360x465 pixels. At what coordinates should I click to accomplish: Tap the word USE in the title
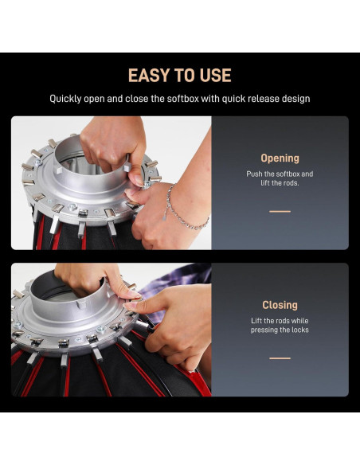[x=215, y=76]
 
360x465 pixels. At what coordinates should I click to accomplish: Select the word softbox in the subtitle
[x=183, y=99]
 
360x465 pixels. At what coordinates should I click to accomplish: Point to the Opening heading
[x=280, y=158]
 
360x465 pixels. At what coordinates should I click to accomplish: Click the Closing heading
[x=280, y=305]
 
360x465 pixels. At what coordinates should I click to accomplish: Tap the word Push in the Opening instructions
[x=254, y=174]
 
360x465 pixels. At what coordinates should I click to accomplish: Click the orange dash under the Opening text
[x=280, y=212]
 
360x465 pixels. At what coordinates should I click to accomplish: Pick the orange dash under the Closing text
[x=280, y=358]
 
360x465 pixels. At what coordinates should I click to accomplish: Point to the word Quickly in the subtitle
[x=65, y=99]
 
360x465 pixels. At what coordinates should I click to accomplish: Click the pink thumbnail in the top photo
[x=137, y=180]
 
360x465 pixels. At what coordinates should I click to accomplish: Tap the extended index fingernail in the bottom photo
[x=127, y=306]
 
